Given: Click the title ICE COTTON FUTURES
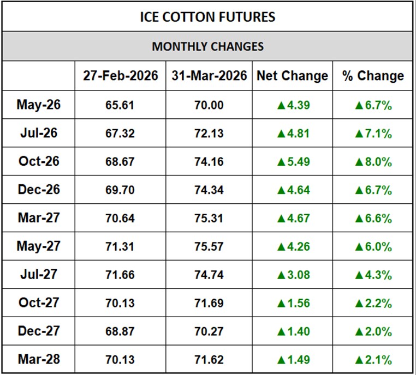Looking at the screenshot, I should [x=207, y=17].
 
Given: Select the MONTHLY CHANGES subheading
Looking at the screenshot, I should [x=207, y=46].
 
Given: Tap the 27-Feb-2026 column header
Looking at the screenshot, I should [x=121, y=76].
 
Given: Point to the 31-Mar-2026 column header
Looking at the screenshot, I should [x=209, y=76].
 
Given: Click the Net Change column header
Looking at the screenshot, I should [x=293, y=76].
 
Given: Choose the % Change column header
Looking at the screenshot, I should [x=373, y=76].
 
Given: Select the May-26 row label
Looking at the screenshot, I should [x=38, y=105].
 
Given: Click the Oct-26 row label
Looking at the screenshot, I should [x=38, y=161].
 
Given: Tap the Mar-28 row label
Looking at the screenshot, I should [x=38, y=359].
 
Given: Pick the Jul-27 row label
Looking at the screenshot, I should [x=38, y=275].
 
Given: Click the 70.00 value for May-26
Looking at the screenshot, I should [x=209, y=105].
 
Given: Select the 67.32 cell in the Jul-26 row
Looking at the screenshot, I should [x=121, y=134].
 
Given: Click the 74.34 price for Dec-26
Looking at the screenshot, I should [x=209, y=190].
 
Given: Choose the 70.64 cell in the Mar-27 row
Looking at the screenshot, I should [x=121, y=219].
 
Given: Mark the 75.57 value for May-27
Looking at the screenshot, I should [x=209, y=247].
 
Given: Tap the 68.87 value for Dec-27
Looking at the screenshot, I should [x=121, y=331].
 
